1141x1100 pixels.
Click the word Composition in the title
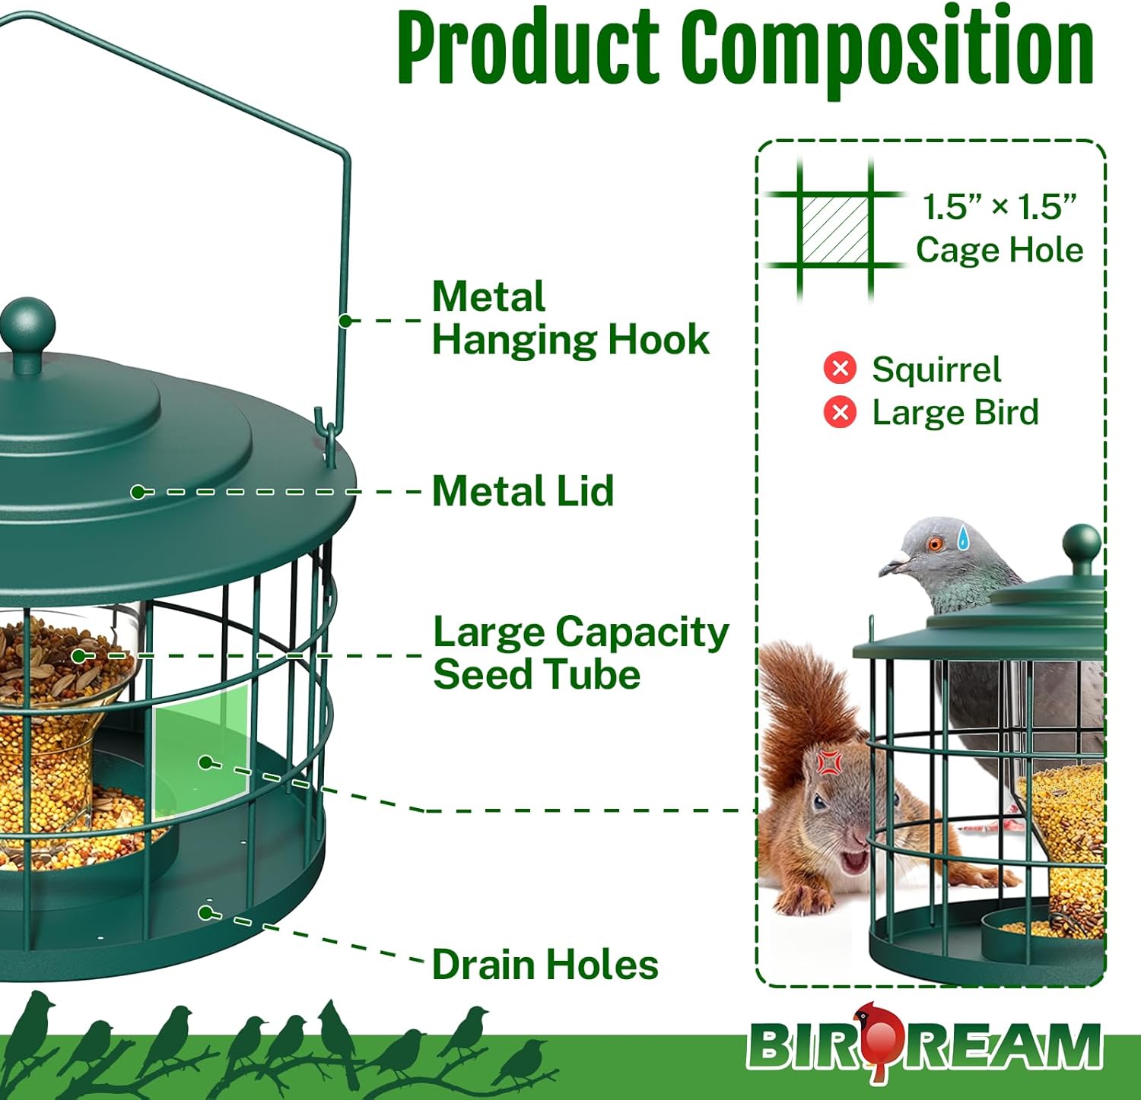tap(886, 47)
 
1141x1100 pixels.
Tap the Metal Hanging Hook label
tap(570, 318)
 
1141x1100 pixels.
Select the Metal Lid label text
tap(523, 491)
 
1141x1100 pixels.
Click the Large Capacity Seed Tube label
tap(580, 653)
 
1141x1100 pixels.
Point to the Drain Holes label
tap(545, 965)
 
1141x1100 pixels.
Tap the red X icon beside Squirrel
tap(840, 369)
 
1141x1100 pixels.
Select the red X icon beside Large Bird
tap(840, 412)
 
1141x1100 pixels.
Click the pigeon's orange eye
tap(935, 544)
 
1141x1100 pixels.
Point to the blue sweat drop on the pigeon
tap(963, 537)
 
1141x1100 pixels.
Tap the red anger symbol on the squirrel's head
tap(828, 761)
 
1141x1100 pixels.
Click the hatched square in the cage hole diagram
tap(834, 230)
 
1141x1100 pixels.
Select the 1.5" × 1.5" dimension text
tap(1000, 206)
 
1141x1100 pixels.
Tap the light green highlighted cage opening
tap(202, 750)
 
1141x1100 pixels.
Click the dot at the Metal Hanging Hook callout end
tap(345, 321)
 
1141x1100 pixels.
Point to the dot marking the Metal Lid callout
tap(138, 492)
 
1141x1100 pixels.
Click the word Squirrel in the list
tap(936, 369)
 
